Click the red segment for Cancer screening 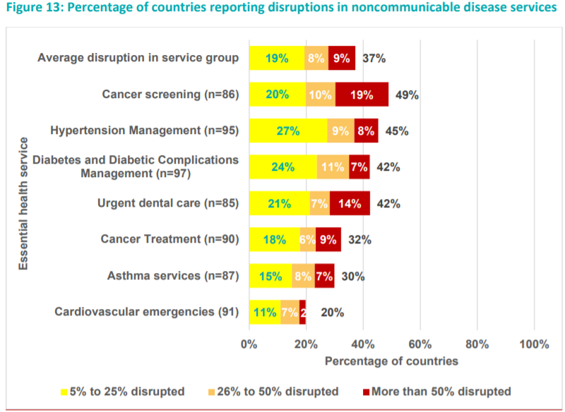(362, 95)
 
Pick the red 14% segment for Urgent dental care (350, 204)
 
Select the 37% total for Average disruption (374, 58)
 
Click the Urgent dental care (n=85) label (168, 204)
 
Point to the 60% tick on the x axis (420, 344)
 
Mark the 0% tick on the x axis (249, 344)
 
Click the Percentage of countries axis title (391, 361)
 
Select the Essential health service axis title (23, 203)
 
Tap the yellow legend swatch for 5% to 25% (64, 392)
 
